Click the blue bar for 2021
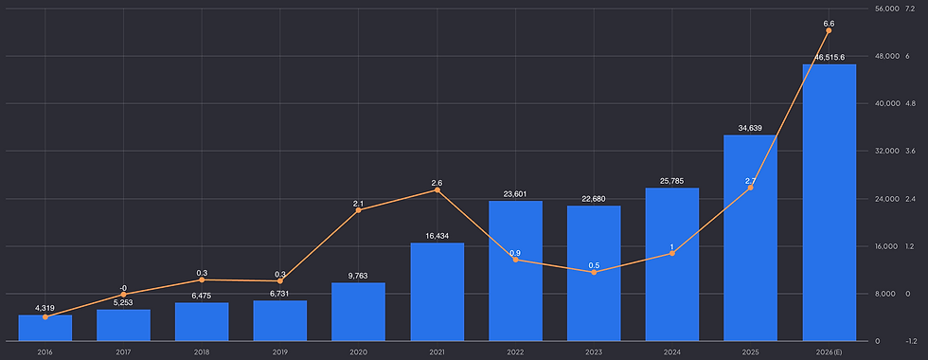point(437,292)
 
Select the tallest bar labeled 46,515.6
point(829,203)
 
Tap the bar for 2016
point(45,328)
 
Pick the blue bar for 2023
point(594,274)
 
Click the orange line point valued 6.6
point(829,30)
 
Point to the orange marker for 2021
point(437,190)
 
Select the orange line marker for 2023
point(594,272)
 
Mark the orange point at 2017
point(123,295)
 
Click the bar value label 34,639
point(750,128)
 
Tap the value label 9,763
point(359,276)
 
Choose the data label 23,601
point(515,193)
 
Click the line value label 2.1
point(358,204)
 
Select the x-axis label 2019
point(280,352)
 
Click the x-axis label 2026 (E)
point(829,352)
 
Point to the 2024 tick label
point(671,352)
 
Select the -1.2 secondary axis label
point(910,342)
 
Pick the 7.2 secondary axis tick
point(910,9)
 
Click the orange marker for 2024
point(671,254)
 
